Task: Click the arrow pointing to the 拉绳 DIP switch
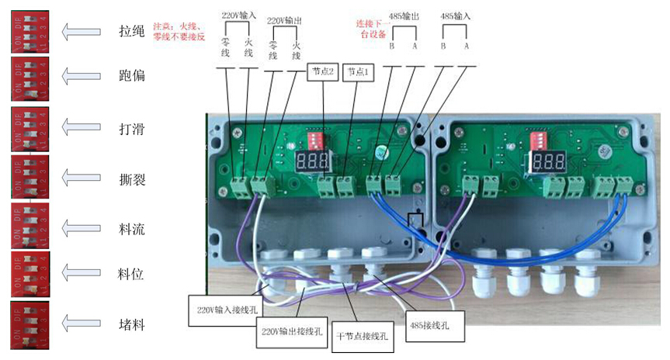click(81, 31)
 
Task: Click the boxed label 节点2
click(323, 71)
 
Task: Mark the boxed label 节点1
click(359, 71)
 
